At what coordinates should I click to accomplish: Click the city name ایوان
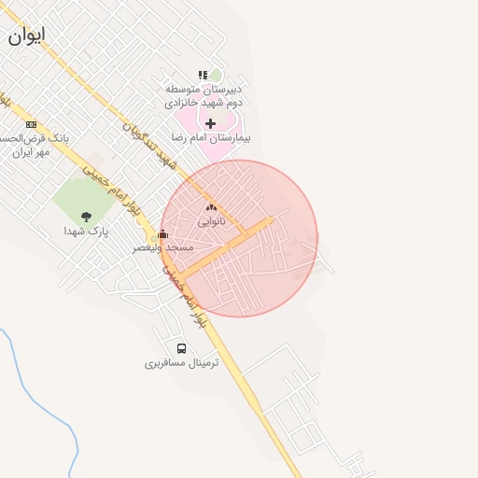pos(26,35)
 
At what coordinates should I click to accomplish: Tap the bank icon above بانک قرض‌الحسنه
pos(31,124)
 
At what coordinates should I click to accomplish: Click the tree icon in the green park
pos(86,217)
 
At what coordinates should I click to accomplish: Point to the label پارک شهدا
pos(86,231)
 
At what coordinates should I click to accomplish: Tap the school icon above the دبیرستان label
pos(203,75)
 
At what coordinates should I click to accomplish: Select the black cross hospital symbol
pos(211,123)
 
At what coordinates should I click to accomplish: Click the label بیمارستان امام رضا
pos(210,137)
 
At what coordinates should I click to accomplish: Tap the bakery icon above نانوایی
pos(210,209)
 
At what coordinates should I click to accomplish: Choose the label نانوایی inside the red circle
pos(211,223)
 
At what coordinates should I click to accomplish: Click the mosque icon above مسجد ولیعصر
pos(163,234)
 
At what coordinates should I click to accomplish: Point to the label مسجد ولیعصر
pos(162,247)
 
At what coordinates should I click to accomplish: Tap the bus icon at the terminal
pos(181,348)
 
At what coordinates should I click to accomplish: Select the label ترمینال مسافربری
pos(181,362)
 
